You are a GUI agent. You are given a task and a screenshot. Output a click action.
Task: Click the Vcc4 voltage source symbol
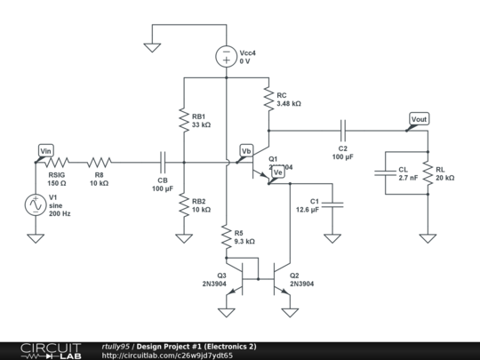[226, 57]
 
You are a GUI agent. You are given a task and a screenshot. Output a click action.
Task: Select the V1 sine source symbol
[36, 204]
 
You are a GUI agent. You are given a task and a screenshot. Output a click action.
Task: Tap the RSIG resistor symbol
[58, 163]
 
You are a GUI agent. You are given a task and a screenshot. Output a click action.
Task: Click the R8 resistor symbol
[100, 163]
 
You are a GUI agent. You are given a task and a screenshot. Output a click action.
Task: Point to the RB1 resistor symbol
[182, 120]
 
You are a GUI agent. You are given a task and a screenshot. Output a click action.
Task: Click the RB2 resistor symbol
[182, 205]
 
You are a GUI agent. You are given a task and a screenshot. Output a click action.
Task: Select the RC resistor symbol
[268, 100]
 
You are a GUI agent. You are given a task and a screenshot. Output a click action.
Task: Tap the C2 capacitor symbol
[342, 129]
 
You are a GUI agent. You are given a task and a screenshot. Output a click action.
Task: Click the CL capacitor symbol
[385, 172]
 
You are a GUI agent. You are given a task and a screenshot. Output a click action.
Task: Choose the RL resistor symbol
[428, 172]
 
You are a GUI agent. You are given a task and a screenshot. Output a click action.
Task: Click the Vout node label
[419, 119]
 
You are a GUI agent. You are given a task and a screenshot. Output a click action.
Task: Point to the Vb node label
[247, 151]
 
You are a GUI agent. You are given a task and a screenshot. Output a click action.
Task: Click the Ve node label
[277, 172]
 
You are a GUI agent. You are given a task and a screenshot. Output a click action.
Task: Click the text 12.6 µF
[308, 210]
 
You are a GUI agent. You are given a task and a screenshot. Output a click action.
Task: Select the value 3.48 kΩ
[290, 104]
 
